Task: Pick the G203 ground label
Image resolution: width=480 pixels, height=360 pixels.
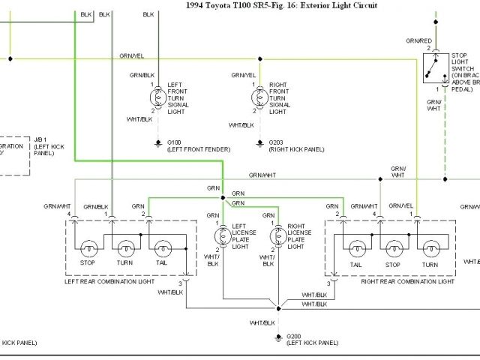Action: [x=276, y=141]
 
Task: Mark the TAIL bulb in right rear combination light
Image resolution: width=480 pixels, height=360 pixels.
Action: [x=357, y=248]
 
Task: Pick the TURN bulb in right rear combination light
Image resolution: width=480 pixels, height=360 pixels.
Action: [x=430, y=248]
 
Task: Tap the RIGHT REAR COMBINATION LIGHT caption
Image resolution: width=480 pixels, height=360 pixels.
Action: [x=407, y=281]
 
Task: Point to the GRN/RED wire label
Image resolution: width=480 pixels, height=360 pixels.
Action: [x=418, y=40]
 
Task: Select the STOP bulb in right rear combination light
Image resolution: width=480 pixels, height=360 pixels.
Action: [x=392, y=248]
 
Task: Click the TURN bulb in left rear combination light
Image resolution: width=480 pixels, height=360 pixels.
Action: [x=124, y=248]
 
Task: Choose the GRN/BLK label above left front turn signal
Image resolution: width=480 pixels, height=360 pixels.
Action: [x=142, y=75]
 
